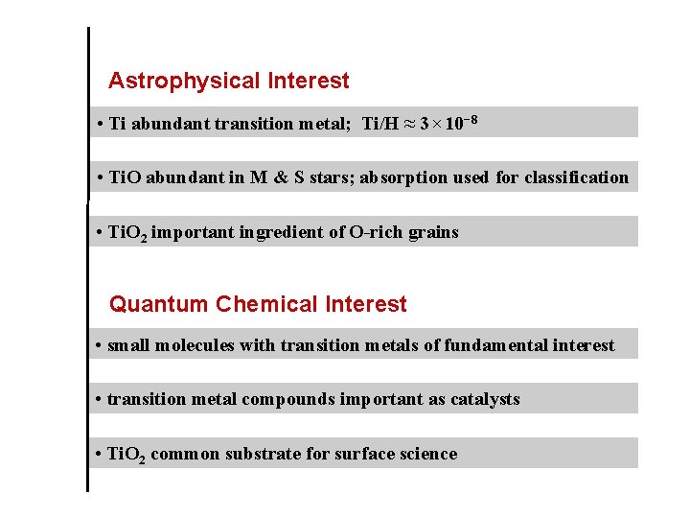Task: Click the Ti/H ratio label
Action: [x=380, y=124]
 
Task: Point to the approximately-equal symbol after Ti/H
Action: [x=409, y=124]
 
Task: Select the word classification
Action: [x=576, y=177]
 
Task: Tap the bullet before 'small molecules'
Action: [x=101, y=345]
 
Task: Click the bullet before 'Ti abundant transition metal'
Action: [x=101, y=124]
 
